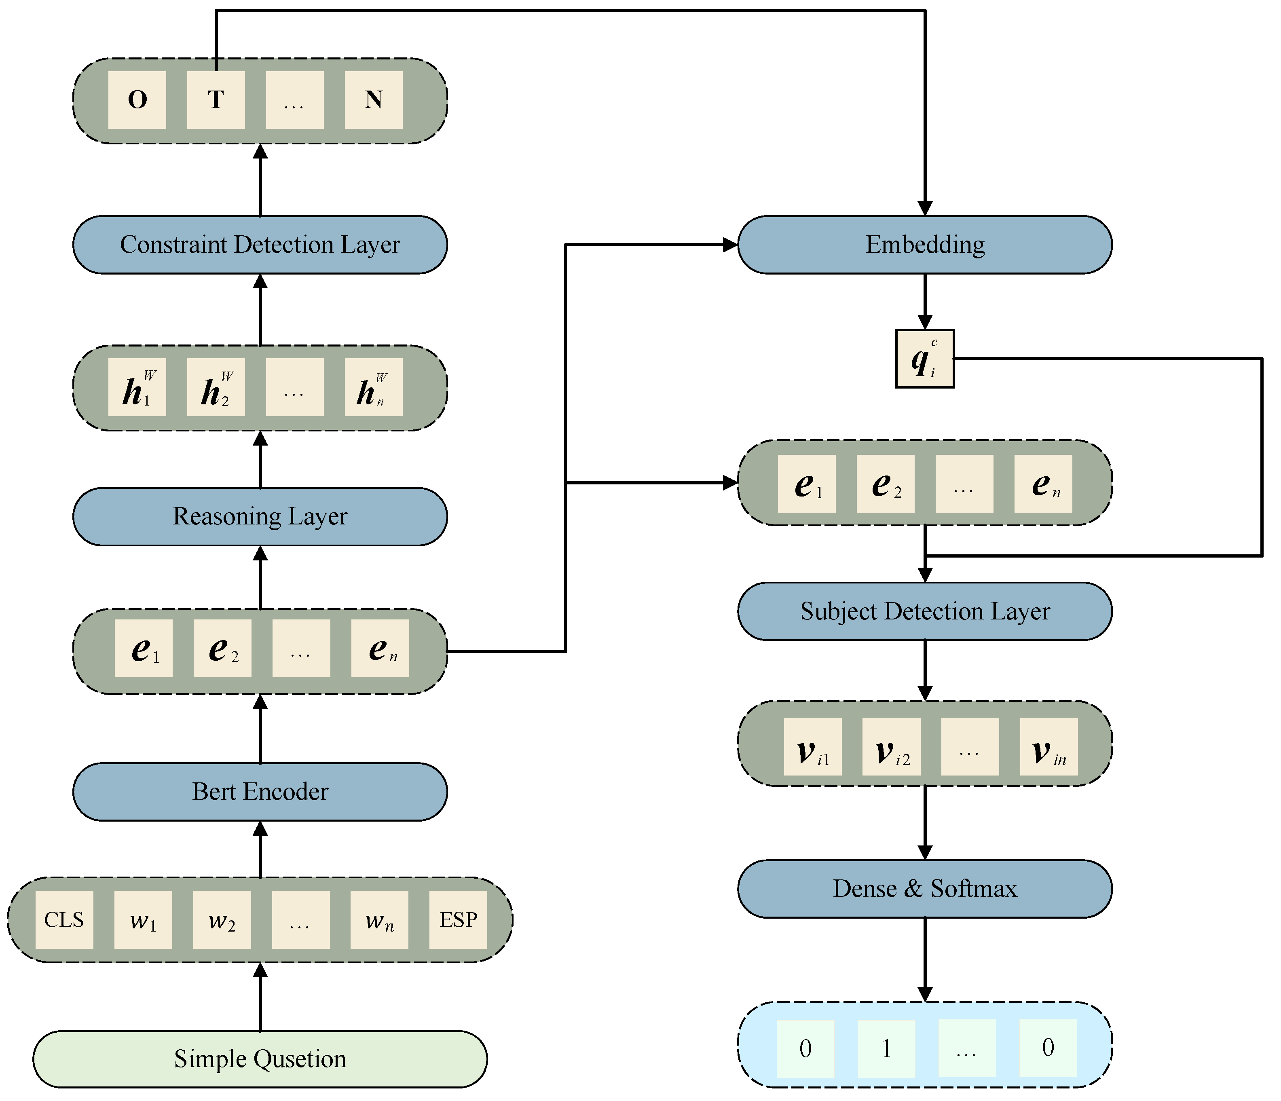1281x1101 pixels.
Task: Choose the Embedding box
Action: (x=925, y=245)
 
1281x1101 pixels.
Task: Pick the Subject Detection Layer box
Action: (x=925, y=611)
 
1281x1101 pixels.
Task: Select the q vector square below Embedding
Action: (x=925, y=359)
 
